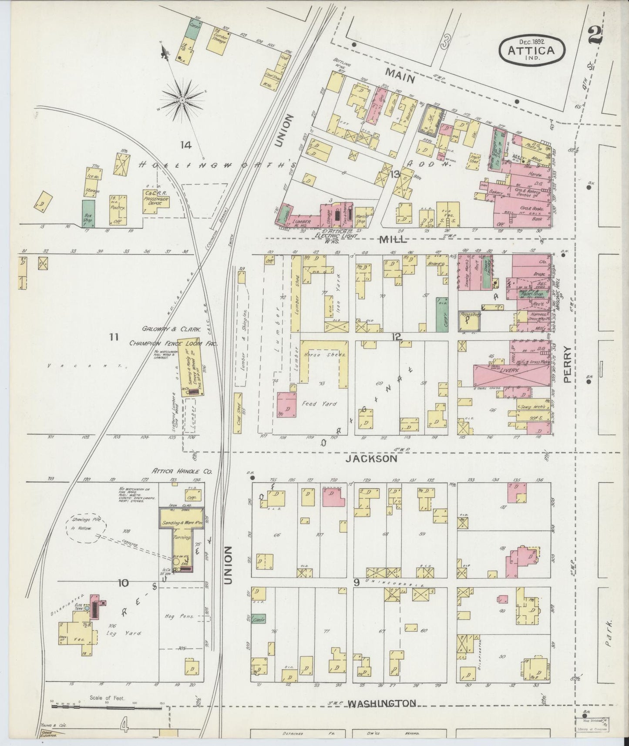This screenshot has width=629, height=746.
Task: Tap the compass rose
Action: pos(183,101)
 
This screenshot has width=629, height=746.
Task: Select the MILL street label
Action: pos(393,239)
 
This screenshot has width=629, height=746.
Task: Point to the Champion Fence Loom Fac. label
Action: pos(173,343)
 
